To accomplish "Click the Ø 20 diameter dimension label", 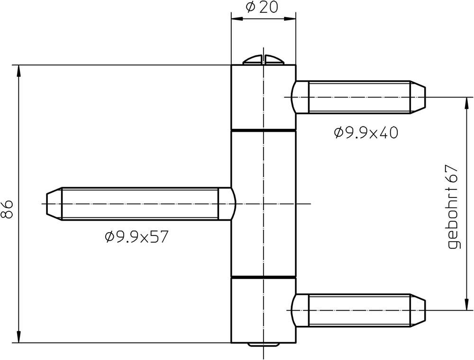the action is pos(262,7).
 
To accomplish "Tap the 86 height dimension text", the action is pos(7,209).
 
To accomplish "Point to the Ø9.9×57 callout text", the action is pos(136,237).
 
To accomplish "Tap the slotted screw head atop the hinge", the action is pos(264,60).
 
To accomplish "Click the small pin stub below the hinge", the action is pos(263,344).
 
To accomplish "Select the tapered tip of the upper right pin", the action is pos(418,97).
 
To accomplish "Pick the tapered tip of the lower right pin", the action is pos(418,310).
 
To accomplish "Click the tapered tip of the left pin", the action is pos(54,204).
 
